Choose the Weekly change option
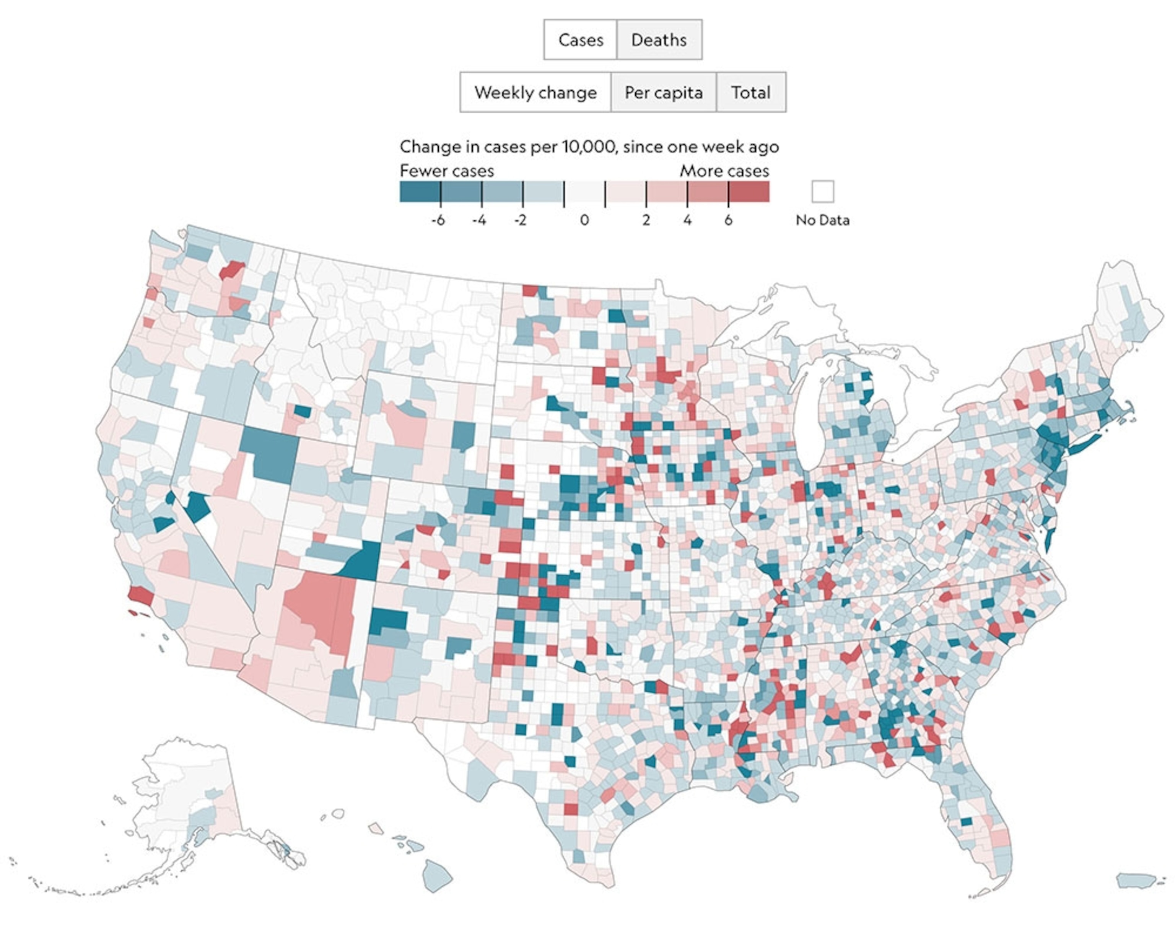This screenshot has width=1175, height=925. pos(535,92)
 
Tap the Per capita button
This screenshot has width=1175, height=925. pos(663,92)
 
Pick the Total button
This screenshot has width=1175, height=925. pos(750,92)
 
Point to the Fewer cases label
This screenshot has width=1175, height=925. pos(447,171)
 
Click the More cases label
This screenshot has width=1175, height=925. pos(724,171)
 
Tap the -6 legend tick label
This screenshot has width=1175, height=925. pos(438,220)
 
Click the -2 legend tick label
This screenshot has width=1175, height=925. pos(520,220)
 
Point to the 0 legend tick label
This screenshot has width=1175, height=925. pos(584,220)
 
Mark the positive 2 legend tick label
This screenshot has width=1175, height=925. pos(646,220)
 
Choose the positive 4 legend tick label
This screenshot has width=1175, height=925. pos(687,220)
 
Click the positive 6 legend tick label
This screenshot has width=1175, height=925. pos(728,220)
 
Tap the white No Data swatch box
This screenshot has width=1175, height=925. pos(822,191)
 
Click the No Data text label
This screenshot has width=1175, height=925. pos(822,220)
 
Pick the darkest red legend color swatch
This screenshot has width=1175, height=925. pos(749,192)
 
